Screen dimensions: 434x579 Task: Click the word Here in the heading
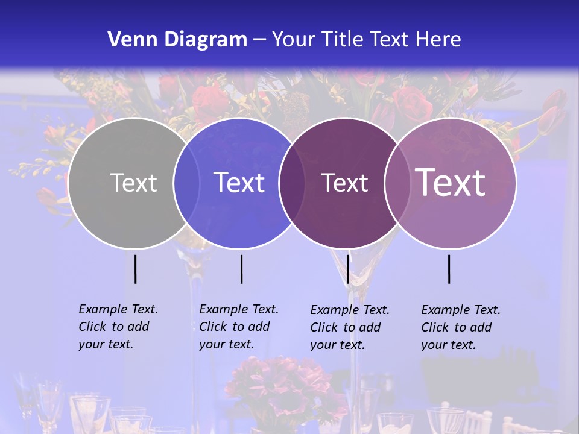(x=438, y=40)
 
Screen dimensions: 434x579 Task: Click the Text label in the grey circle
(x=133, y=183)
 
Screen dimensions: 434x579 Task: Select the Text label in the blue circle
(x=239, y=183)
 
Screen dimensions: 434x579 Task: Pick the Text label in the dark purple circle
(x=344, y=183)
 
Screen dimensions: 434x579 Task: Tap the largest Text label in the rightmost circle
(x=451, y=182)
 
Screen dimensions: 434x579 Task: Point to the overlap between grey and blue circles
(x=186, y=183)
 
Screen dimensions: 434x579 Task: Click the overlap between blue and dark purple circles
(x=292, y=183)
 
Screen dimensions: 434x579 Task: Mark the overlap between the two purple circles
(x=397, y=183)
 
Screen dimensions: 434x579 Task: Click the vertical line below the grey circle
(x=135, y=269)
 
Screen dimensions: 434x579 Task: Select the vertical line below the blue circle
(x=241, y=269)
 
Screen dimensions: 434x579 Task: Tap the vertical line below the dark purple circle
(x=347, y=269)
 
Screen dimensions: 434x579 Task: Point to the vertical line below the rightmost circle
(x=449, y=269)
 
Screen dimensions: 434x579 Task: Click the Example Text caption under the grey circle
(x=118, y=327)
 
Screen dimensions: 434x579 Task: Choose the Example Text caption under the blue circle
(x=238, y=327)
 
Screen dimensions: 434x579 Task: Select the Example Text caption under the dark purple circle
(x=349, y=327)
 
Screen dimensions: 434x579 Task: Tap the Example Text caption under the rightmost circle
(x=460, y=327)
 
